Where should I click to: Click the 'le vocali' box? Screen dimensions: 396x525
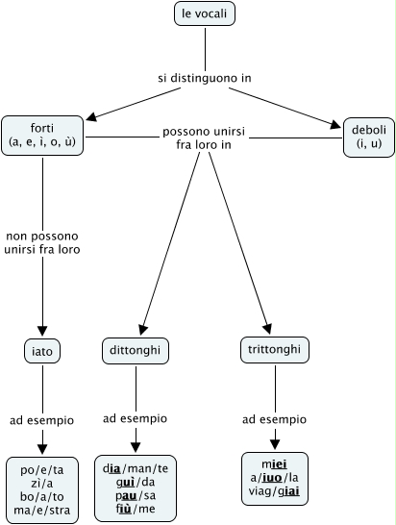205,13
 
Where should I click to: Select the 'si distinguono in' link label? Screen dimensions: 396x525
205,78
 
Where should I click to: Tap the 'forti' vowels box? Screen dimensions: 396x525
42,136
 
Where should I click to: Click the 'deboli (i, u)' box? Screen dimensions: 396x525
369,137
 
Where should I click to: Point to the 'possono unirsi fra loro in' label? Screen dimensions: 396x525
204,137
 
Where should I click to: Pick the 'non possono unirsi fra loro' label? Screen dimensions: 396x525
42,242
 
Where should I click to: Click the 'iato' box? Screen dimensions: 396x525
42,351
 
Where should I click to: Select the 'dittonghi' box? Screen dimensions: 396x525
136,351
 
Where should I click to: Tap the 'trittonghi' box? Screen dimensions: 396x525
275,350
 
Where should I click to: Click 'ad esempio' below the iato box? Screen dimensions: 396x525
42,420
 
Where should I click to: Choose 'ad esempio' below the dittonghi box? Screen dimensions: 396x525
135,418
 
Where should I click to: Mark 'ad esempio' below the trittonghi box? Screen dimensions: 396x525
275,419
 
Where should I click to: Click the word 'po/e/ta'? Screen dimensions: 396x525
42,470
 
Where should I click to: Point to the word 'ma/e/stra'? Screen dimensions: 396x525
42,511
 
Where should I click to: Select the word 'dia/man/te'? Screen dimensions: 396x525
136,468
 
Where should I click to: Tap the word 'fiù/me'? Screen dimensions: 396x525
136,509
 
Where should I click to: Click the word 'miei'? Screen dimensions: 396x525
275,464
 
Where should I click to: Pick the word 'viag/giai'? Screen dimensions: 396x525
275,491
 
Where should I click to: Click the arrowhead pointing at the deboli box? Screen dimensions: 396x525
335,125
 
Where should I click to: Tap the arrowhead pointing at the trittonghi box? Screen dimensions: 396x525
267,329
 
